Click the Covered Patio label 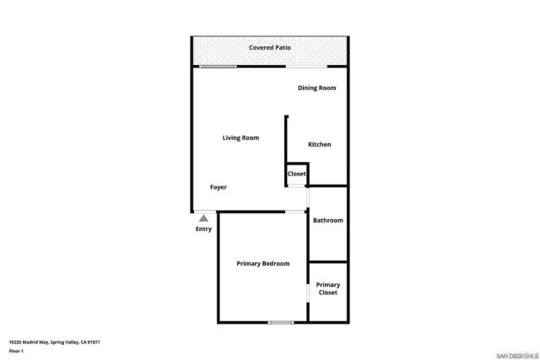[270, 48]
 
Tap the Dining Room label [317, 88]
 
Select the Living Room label [240, 137]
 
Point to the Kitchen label [320, 144]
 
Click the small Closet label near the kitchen [297, 174]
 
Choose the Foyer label [219, 187]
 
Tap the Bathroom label [328, 220]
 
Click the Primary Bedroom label [262, 264]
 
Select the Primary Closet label [328, 288]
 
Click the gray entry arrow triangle [203, 218]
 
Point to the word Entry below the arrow [203, 228]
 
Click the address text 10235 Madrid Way [29, 341]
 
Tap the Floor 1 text [16, 350]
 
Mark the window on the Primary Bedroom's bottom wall [280, 322]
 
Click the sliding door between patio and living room [218, 67]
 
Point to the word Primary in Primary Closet [328, 284]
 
